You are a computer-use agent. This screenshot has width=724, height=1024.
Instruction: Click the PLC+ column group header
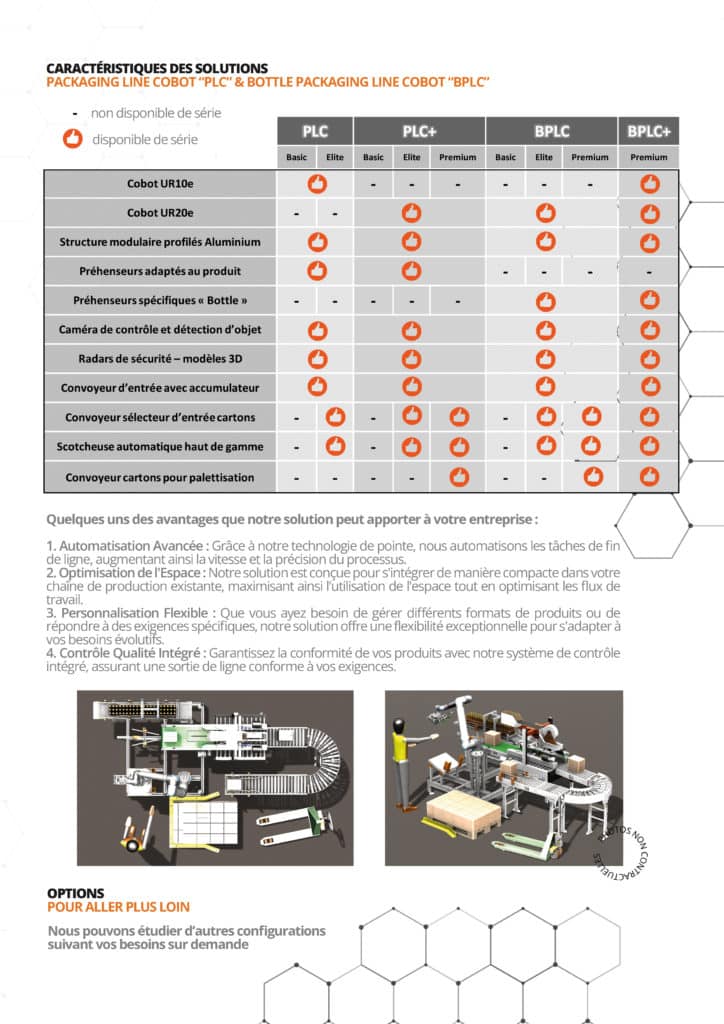pyautogui.click(x=419, y=131)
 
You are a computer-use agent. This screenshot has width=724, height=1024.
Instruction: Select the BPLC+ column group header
pyautogui.click(x=649, y=131)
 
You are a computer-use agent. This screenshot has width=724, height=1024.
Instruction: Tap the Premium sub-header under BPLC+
pyautogui.click(x=649, y=157)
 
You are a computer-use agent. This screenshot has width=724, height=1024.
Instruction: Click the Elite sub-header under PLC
pyautogui.click(x=334, y=157)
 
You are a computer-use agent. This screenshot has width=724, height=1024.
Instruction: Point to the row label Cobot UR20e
pyautogui.click(x=160, y=213)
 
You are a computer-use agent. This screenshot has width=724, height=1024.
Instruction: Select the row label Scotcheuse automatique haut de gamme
pyautogui.click(x=160, y=447)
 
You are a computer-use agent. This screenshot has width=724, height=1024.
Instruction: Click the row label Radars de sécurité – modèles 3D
pyautogui.click(x=160, y=358)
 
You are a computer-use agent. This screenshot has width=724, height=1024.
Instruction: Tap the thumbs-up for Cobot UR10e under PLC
pyautogui.click(x=317, y=184)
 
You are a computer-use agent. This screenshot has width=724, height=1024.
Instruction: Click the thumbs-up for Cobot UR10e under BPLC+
pyautogui.click(x=649, y=184)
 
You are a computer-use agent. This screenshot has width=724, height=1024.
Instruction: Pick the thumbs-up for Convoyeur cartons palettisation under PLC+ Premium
pyautogui.click(x=459, y=476)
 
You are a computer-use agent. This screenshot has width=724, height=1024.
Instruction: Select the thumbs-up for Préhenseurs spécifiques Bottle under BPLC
pyautogui.click(x=545, y=300)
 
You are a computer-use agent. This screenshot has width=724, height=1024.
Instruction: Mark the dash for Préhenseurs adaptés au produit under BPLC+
pyautogui.click(x=649, y=271)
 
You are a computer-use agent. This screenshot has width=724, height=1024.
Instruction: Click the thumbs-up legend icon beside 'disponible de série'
pyautogui.click(x=73, y=139)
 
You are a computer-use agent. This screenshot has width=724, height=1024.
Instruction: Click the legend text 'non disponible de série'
pyautogui.click(x=156, y=113)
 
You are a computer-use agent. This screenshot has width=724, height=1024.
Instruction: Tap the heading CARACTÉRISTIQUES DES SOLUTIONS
pyautogui.click(x=157, y=67)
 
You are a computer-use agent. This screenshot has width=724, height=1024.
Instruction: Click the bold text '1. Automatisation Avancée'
pyautogui.click(x=126, y=545)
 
